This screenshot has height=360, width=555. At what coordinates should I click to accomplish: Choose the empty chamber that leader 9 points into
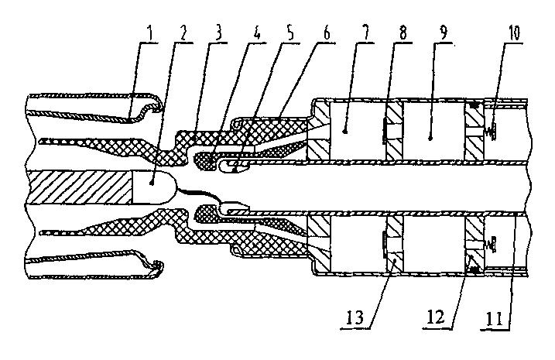[433, 132]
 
